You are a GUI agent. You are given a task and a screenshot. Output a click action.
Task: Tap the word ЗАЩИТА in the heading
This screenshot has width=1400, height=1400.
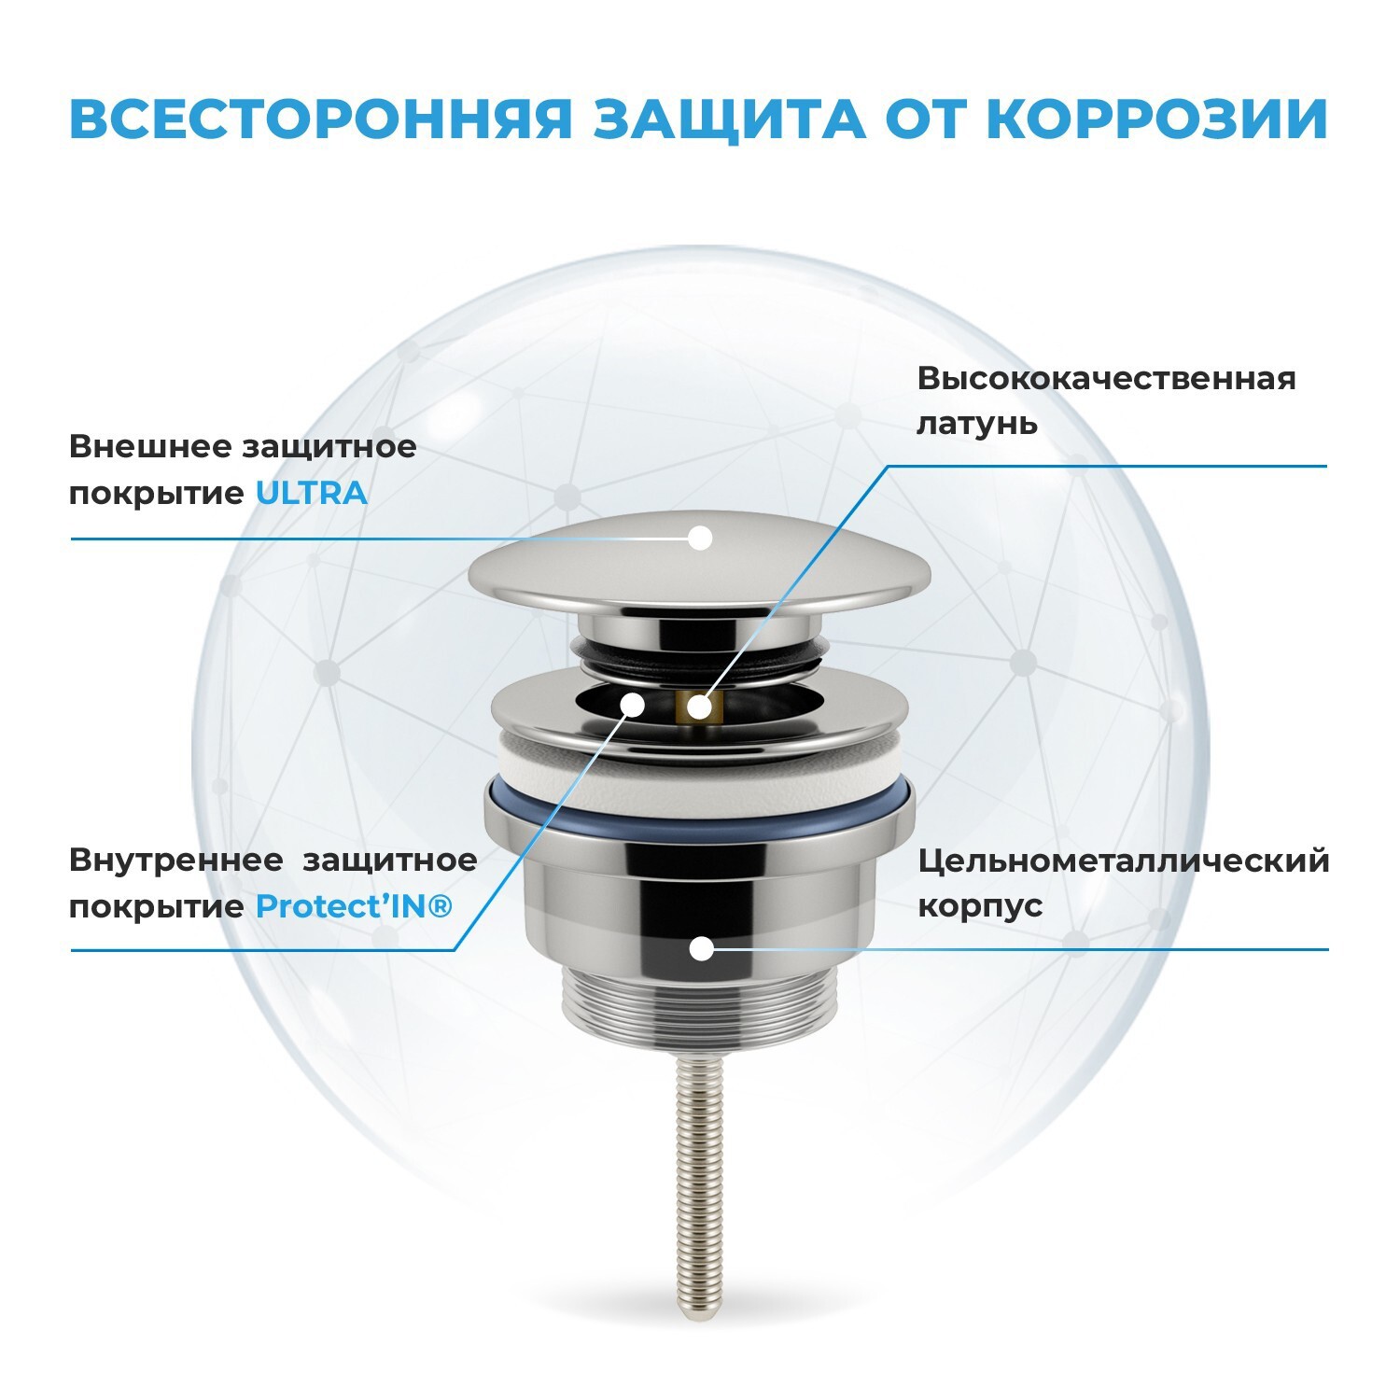point(729,119)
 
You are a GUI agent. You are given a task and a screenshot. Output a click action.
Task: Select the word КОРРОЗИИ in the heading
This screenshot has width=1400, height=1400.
point(1156,119)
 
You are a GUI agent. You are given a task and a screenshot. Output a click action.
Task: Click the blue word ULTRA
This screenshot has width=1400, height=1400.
point(312,493)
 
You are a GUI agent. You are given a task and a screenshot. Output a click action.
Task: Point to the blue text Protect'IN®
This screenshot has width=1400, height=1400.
point(354,906)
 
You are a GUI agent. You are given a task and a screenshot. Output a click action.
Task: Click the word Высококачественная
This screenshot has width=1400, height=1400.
point(1106,379)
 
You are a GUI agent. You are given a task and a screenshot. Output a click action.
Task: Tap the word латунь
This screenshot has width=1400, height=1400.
point(976,424)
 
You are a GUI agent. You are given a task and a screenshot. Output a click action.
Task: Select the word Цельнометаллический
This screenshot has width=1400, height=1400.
point(1123,861)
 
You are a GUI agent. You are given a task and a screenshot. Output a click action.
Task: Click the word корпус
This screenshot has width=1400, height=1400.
point(980,905)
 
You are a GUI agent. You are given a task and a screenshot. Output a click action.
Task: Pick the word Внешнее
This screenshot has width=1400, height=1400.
point(149,446)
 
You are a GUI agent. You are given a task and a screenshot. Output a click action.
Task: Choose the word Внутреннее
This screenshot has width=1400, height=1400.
point(175,861)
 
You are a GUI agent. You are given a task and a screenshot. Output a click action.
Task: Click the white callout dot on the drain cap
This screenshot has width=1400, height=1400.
point(700,538)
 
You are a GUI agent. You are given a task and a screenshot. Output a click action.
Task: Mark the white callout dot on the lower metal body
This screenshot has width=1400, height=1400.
point(701,949)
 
